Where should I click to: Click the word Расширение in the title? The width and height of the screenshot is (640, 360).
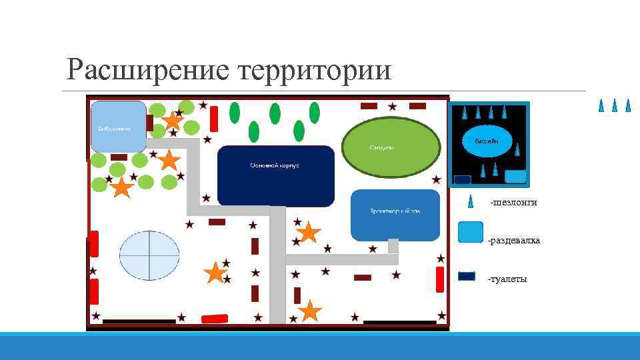click(147, 70)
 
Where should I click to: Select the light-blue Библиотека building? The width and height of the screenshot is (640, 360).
click(118, 127)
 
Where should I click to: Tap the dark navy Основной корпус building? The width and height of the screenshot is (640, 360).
click(275, 175)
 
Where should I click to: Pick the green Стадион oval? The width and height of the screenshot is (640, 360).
click(391, 147)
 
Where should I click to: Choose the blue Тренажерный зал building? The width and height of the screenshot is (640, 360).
click(395, 215)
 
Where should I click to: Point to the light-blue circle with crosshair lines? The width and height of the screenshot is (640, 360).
click(149, 255)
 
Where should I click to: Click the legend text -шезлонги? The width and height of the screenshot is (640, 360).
click(513, 202)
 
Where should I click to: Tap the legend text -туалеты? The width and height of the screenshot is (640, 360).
click(507, 279)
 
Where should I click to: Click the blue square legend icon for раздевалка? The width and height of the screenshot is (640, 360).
click(471, 233)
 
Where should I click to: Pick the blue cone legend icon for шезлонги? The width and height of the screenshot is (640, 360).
click(471, 201)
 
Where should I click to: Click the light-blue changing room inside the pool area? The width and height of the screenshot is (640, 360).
click(515, 177)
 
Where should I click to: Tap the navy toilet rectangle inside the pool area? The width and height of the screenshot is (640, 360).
click(463, 179)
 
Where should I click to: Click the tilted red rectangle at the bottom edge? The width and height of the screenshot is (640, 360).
click(214, 319)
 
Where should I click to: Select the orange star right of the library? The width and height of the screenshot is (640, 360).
click(173, 121)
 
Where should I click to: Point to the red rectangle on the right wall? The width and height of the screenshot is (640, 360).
click(440, 279)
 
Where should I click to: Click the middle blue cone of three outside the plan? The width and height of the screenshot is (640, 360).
click(615, 105)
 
